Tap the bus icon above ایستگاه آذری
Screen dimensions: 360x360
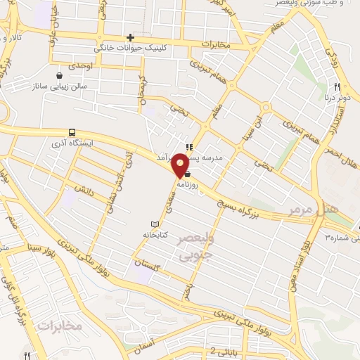click(x=72, y=131)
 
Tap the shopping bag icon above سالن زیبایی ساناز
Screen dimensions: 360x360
click(x=60, y=75)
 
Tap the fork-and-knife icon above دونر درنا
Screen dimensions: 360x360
click(x=337, y=87)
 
